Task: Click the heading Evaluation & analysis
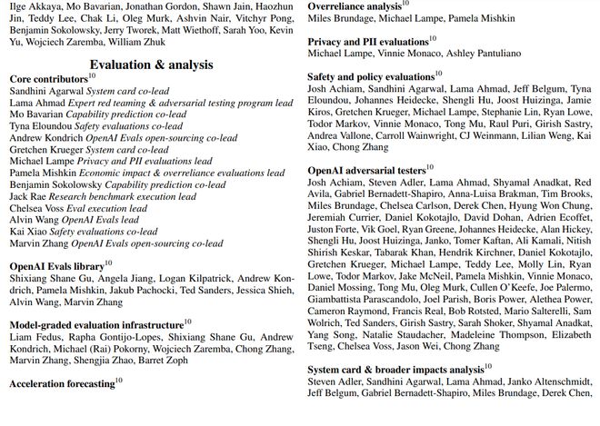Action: (x=152, y=64)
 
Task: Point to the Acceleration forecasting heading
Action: (x=63, y=383)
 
